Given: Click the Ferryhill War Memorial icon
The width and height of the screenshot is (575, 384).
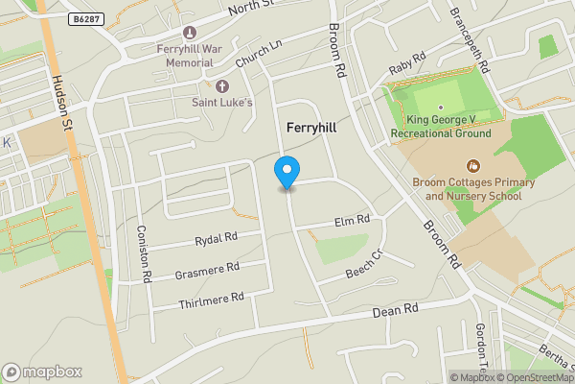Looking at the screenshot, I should pos(188,33).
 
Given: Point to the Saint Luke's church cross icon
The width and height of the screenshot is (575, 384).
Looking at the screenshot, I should pos(222,86).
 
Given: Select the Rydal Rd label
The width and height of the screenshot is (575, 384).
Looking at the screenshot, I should pos(216,237).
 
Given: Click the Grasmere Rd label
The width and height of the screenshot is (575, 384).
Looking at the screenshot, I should pos(207,271).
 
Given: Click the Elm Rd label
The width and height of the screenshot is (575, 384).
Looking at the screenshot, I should pos(353,222).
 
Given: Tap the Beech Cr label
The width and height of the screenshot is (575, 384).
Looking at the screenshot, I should pos(363,265).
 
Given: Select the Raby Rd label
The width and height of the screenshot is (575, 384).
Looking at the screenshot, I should pos(406,68).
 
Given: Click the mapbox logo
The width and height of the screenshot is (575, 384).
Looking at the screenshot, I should pos(42,372).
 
